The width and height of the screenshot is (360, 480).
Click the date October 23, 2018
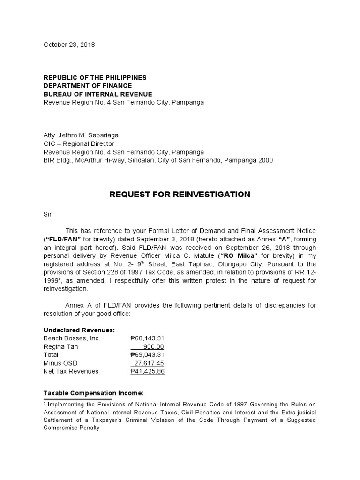pyautogui.click(x=69, y=45)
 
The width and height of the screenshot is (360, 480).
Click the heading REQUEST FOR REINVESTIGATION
pyautogui.click(x=180, y=194)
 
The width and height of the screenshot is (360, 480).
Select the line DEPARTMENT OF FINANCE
pyautogui.click(x=88, y=86)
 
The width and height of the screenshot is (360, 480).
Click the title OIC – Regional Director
pyautogui.click(x=79, y=144)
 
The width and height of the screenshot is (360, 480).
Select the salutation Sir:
pyautogui.click(x=49, y=214)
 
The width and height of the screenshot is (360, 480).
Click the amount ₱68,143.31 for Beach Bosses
pyautogui.click(x=147, y=338)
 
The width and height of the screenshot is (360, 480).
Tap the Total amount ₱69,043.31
pyautogui.click(x=147, y=355)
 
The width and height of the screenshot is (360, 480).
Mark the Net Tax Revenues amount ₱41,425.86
pyautogui.click(x=147, y=372)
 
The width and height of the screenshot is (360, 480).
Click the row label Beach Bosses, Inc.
pyautogui.click(x=72, y=338)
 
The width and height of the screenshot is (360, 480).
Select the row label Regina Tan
pyautogui.click(x=60, y=346)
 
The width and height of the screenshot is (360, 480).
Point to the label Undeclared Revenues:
pyautogui.click(x=79, y=330)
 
